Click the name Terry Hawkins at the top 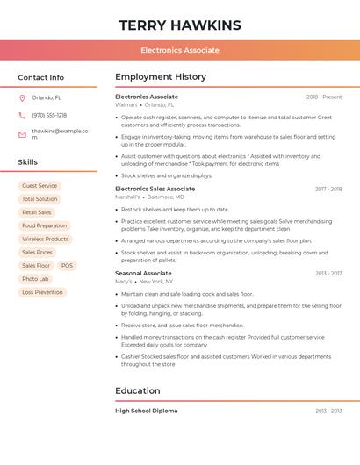(180, 25)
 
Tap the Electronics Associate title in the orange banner (180, 50)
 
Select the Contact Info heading (41, 77)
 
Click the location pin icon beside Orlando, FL (22, 97)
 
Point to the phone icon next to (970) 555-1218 (22, 115)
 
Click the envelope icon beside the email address (22, 132)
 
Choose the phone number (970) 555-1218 (49, 115)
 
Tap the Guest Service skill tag (40, 186)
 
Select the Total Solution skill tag (40, 199)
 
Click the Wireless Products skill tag (45, 239)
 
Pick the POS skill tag (68, 265)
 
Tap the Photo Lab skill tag (36, 279)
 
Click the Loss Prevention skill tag (42, 292)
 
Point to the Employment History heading (161, 77)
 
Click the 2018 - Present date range (324, 97)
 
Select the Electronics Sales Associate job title (155, 189)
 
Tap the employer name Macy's (124, 282)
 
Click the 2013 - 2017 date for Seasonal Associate (328, 273)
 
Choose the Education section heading (138, 390)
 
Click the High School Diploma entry (146, 411)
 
